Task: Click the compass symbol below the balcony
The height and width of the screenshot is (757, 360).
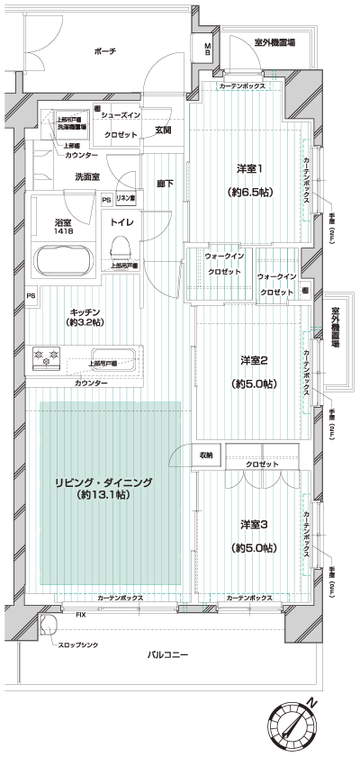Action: [295, 725]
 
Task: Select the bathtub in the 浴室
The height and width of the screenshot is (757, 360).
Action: [61, 260]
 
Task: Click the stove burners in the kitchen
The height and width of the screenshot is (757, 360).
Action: [45, 357]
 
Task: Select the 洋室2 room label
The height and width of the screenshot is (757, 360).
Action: [253, 361]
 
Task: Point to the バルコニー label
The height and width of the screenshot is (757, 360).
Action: [167, 655]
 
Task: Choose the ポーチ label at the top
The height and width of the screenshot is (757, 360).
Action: [104, 52]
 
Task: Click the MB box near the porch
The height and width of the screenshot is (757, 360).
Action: [207, 51]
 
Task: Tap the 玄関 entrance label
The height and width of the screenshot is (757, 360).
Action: [164, 131]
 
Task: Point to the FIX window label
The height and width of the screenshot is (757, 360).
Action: [81, 614]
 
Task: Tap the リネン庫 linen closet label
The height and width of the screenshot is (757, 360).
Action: [126, 198]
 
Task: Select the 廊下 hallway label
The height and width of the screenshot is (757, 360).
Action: [165, 184]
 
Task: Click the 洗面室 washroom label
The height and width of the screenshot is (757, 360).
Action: [87, 176]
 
